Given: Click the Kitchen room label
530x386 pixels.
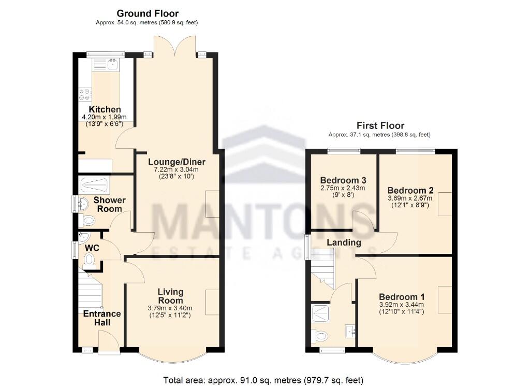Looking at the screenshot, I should pos(105,110).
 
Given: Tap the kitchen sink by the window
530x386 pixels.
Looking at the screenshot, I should pos(112,64).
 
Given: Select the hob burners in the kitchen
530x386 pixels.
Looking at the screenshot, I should pos(84,94).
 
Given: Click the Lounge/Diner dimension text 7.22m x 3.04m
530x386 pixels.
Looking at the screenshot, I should pos(173,169).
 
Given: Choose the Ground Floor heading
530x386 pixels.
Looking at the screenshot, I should pos(147,13).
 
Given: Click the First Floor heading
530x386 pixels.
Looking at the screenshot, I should pos(380,125).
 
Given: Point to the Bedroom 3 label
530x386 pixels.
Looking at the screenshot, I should pos(343,180).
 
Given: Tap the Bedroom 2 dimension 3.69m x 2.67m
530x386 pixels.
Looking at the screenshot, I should pos(410,198).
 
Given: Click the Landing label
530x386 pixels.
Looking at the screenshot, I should pos(344,242).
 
